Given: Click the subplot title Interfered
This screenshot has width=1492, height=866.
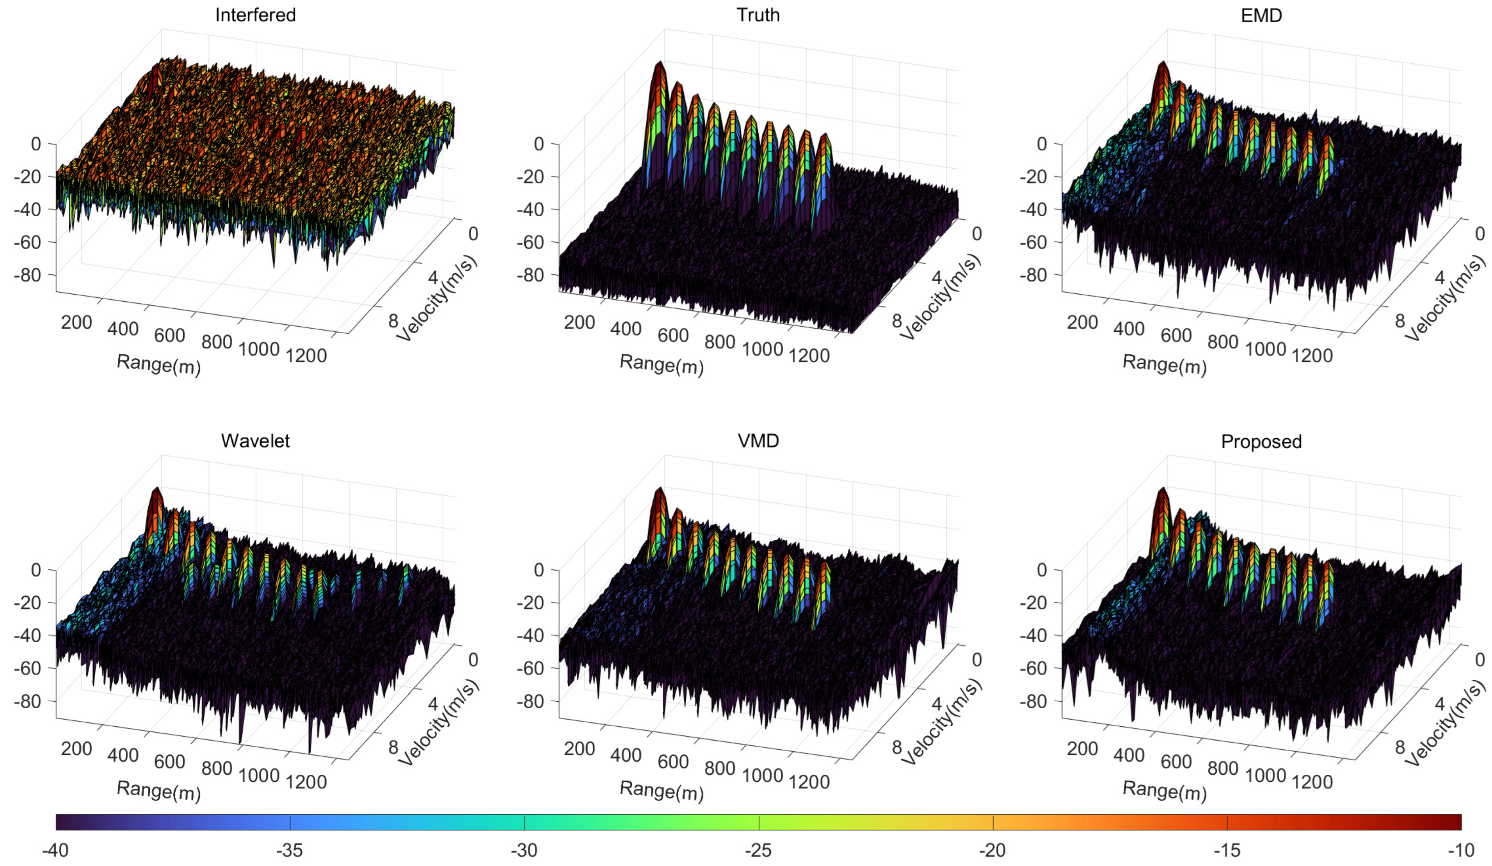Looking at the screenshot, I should click(x=255, y=15).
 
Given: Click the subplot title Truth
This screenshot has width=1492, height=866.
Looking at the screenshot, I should click(x=758, y=15).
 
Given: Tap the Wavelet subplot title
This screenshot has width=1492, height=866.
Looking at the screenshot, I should click(x=255, y=441).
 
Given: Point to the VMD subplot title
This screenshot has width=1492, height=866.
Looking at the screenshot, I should click(x=758, y=441).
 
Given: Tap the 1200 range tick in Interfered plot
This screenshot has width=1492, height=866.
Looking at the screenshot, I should click(x=306, y=356).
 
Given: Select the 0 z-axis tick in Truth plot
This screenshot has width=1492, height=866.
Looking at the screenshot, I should click(x=538, y=144).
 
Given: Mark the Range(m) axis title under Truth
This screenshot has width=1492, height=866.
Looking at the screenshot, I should click(x=662, y=365).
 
